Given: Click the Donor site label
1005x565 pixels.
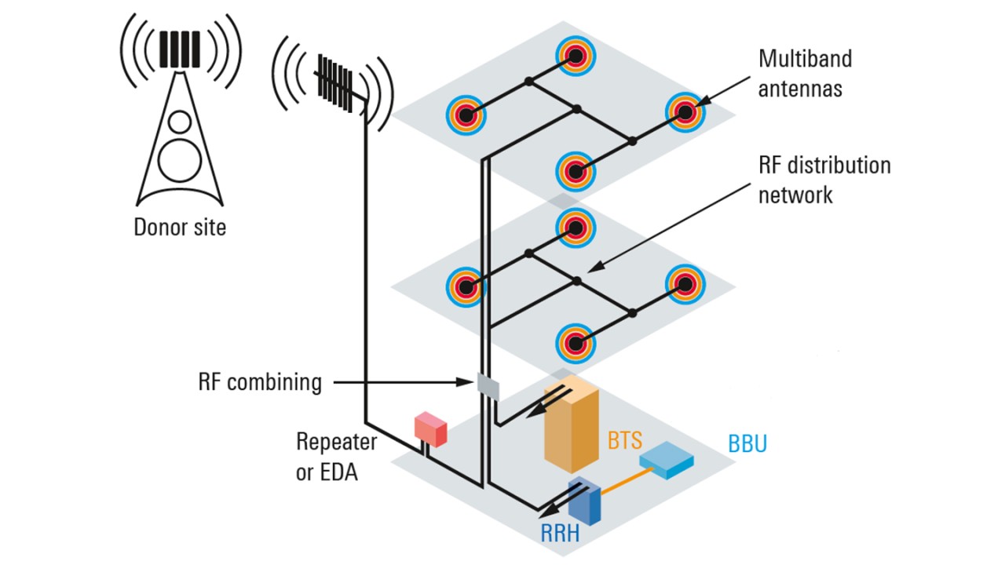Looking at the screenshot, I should [180, 228].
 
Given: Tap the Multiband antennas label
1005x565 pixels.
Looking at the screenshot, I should [805, 73].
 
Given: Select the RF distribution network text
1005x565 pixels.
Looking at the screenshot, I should [824, 180].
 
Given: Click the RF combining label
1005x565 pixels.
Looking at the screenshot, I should [260, 382].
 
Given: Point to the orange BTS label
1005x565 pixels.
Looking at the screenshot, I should [625, 439].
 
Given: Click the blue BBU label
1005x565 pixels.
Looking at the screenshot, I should [747, 444].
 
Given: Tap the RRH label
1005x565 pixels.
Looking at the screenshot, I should [561, 534].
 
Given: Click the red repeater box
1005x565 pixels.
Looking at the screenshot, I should [430, 428].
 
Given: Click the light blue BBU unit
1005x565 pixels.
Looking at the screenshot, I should [666, 463].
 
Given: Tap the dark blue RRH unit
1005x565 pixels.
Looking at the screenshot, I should [586, 499].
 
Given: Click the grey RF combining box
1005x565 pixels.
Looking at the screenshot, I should [488, 385].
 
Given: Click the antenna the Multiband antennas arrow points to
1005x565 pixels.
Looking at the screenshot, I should [685, 113].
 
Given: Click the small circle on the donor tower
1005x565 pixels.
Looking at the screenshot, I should [180, 122].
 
